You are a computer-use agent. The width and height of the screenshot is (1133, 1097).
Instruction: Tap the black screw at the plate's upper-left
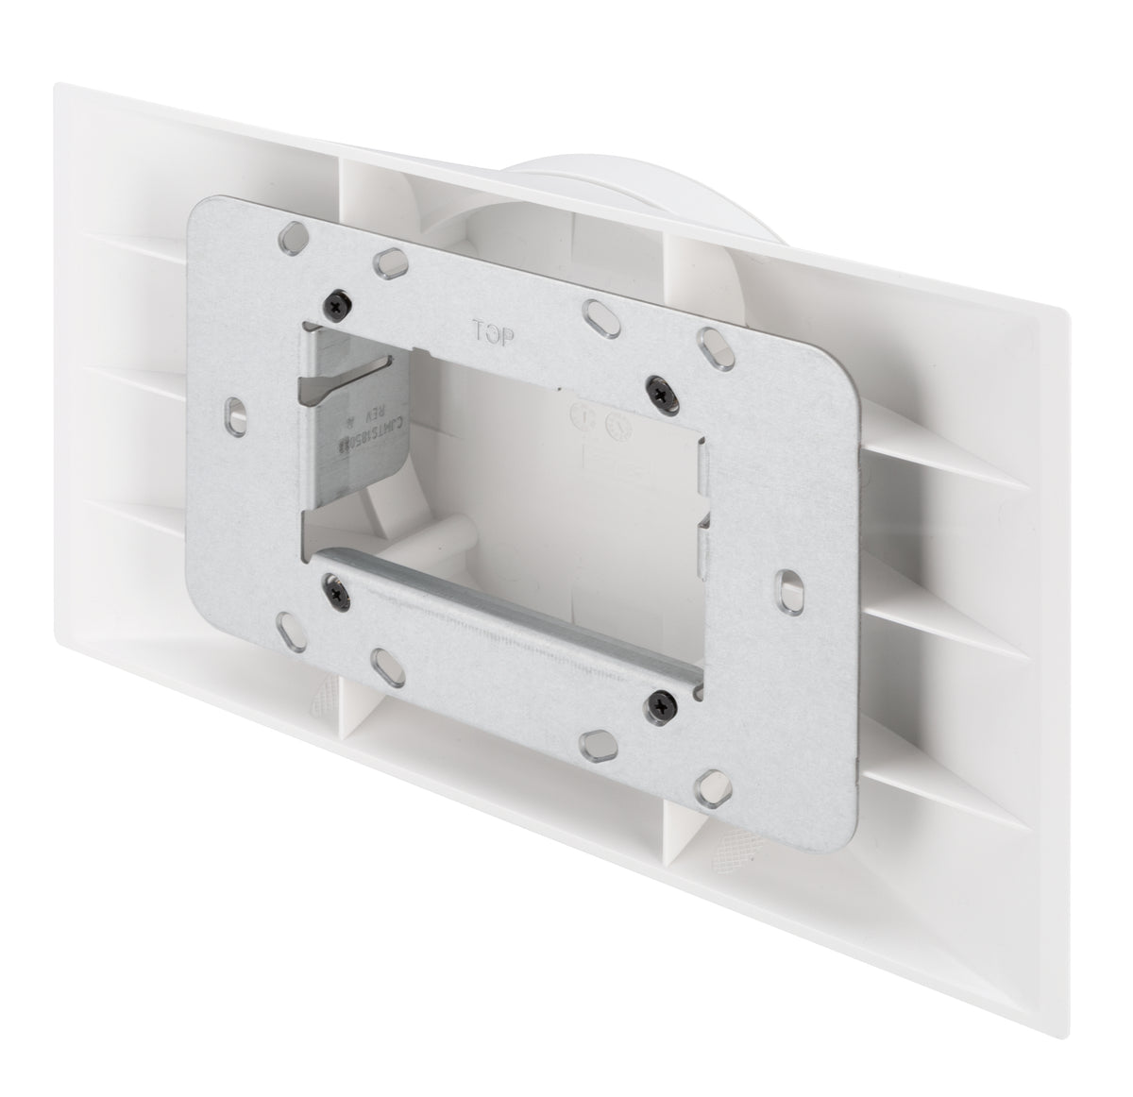(339, 302)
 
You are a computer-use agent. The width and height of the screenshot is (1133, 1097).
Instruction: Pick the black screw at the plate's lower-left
(335, 590)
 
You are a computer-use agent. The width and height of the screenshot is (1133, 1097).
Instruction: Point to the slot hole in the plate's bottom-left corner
(286, 623)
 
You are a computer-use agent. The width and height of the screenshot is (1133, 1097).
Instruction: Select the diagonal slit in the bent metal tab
(343, 373)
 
